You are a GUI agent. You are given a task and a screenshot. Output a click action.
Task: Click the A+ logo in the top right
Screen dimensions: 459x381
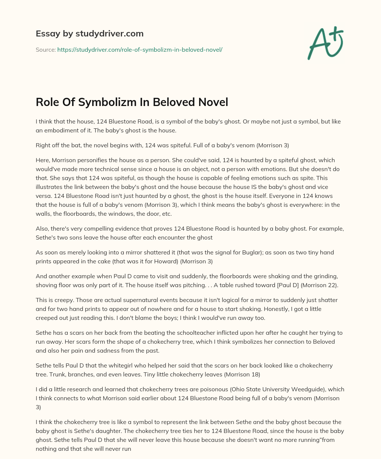325,43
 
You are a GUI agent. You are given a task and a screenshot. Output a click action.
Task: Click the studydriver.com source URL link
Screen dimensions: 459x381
140,49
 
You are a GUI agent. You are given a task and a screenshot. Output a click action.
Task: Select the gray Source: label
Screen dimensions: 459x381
46,49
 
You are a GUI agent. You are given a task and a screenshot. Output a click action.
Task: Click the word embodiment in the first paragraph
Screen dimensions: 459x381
60,130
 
